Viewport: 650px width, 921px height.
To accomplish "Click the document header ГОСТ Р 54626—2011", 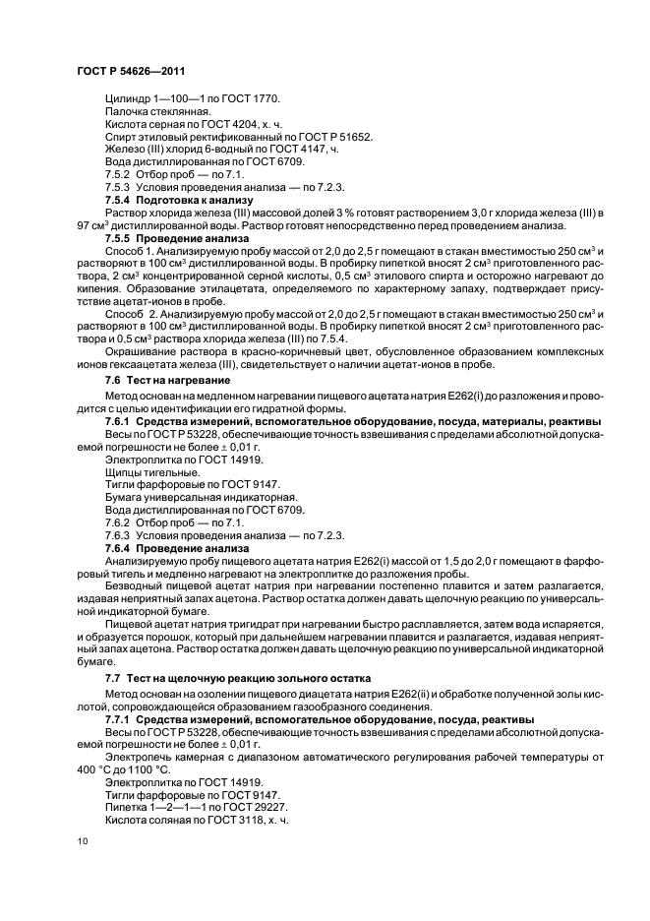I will (130, 72).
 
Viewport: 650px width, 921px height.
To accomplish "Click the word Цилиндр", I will (130, 98).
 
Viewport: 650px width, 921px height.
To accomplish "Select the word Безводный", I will (136, 587).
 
